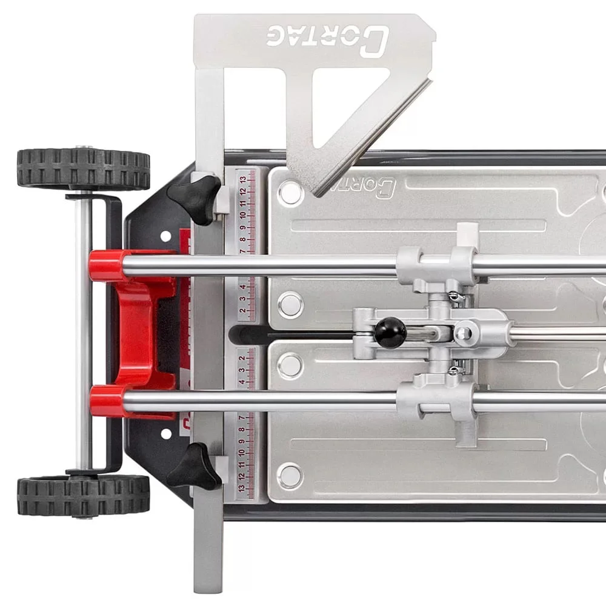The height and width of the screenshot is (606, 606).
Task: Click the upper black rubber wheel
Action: pyautogui.click(x=84, y=168)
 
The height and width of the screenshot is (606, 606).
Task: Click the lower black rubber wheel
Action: pyautogui.click(x=84, y=495)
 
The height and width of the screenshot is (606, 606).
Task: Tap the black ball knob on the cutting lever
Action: pyautogui.click(x=390, y=332)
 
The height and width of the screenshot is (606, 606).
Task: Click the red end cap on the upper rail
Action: pyautogui.click(x=106, y=265)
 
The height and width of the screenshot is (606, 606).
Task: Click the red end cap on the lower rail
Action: pyautogui.click(x=107, y=401)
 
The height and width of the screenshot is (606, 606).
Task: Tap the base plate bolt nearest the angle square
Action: pyautogui.click(x=290, y=192)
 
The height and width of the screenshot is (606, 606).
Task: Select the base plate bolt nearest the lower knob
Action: pyautogui.click(x=290, y=476)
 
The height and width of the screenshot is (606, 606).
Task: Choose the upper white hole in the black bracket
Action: pyautogui.click(x=165, y=235)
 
